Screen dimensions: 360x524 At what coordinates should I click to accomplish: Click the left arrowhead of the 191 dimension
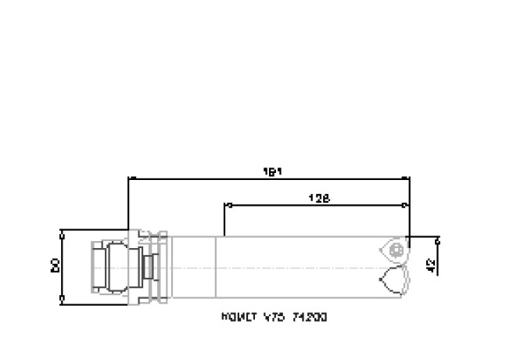point(131,178)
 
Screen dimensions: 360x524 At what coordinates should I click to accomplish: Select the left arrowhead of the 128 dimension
point(228,206)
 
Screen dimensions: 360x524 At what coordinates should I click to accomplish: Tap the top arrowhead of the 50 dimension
point(62,233)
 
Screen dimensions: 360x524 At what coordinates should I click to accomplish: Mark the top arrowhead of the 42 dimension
point(437,239)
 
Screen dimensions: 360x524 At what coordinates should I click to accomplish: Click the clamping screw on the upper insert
point(397,250)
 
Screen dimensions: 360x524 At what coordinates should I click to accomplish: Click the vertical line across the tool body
point(215,266)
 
